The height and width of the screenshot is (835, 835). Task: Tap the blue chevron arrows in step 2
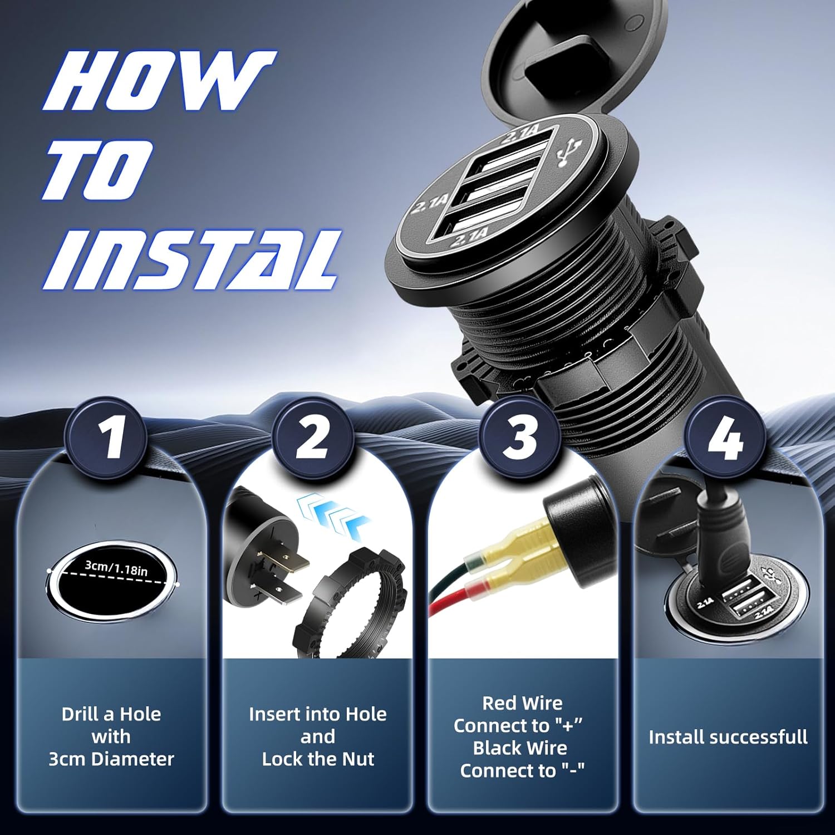coord(332,517)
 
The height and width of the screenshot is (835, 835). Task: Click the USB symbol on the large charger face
coord(569,154)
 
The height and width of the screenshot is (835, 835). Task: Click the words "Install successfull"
coord(728,737)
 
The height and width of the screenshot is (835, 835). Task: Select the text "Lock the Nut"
coord(318,759)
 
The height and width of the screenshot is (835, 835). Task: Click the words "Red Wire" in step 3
coord(522,703)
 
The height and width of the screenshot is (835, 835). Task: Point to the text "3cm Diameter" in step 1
coord(111,759)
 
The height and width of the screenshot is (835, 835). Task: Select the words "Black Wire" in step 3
coord(520,748)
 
